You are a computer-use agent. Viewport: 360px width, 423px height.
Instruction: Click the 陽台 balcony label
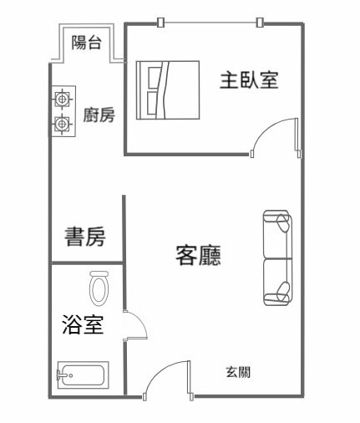(86, 43)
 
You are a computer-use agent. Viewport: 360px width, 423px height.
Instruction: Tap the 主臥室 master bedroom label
(249, 80)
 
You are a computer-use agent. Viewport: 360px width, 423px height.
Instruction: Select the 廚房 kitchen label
(99, 115)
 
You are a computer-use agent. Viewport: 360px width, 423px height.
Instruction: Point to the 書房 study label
(85, 237)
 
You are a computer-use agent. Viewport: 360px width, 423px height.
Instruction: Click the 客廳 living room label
(199, 255)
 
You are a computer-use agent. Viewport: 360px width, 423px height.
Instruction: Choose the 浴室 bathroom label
(83, 324)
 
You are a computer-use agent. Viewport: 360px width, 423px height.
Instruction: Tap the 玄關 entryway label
(238, 372)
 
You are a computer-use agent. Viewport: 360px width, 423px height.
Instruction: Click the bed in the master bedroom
(168, 90)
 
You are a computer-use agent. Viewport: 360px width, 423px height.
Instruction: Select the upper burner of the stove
(63, 99)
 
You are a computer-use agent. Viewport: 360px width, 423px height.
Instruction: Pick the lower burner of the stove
(63, 124)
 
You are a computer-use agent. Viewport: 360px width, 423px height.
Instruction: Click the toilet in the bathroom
(99, 288)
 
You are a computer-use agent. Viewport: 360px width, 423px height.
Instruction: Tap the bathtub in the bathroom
(83, 375)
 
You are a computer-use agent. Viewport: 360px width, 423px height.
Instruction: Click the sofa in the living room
(277, 258)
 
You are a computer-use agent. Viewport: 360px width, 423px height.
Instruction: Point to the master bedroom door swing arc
(265, 129)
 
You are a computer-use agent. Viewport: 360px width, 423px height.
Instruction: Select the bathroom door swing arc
(140, 320)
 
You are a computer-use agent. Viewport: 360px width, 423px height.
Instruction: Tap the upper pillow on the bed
(153, 78)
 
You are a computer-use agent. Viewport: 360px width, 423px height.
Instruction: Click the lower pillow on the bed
(152, 104)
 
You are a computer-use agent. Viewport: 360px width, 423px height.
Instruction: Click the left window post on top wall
(160, 23)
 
